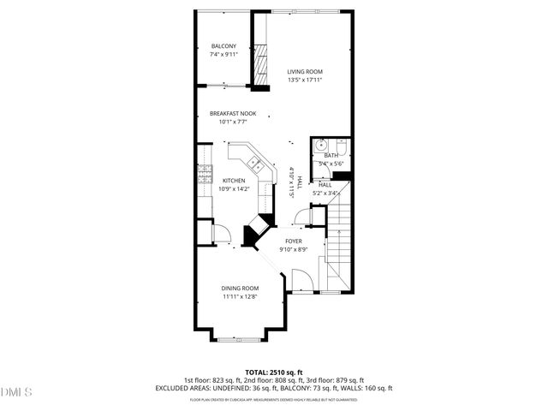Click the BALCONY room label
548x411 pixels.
tap(223, 46)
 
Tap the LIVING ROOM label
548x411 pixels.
tap(305, 72)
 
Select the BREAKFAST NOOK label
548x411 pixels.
tap(233, 114)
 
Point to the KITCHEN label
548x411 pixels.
tap(234, 181)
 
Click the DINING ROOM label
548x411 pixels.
tap(240, 289)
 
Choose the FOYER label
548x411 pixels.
tap(294, 241)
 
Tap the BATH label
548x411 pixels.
tap(330, 156)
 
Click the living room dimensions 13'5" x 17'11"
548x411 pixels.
tap(305, 80)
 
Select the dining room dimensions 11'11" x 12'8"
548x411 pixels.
tap(240, 297)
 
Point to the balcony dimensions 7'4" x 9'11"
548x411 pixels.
tap(223, 55)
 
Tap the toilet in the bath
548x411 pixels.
tap(341, 146)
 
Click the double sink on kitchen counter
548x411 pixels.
tap(254, 162)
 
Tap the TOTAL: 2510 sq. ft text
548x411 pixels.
tap(274, 372)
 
